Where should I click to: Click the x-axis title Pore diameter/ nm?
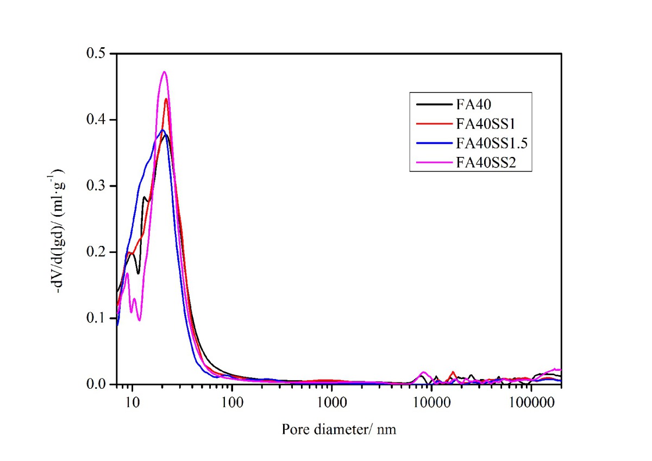[x=339, y=430]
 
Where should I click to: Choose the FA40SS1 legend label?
[x=480, y=124]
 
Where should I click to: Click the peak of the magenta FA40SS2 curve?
[x=164, y=72]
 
